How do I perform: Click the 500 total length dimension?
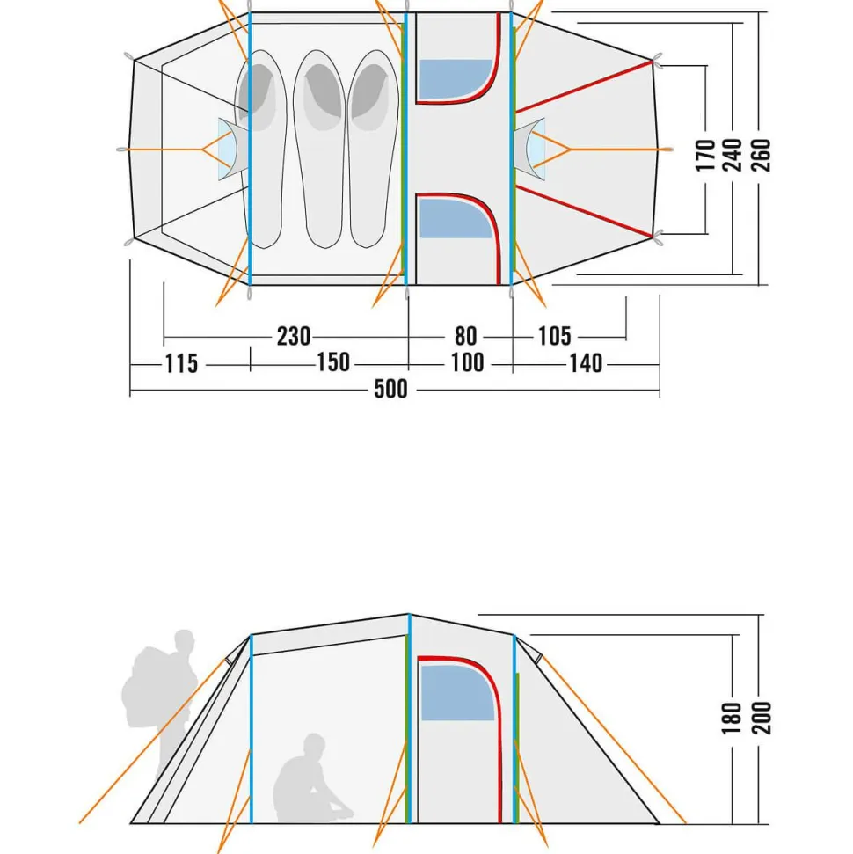[390, 389]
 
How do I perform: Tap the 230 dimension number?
[294, 336]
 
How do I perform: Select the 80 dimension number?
[466, 336]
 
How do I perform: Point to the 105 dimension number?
[555, 336]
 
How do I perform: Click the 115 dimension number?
[181, 364]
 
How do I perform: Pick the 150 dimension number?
[333, 362]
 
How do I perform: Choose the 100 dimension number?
[467, 362]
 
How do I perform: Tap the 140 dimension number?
[586, 363]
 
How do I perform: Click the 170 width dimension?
[705, 155]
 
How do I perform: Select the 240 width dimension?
[733, 155]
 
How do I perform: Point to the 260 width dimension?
[761, 155]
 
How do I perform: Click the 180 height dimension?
[732, 719]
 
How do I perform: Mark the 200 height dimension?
[761, 719]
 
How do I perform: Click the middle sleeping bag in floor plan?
[320, 150]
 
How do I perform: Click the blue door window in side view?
[456, 693]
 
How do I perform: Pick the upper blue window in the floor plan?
[456, 79]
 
